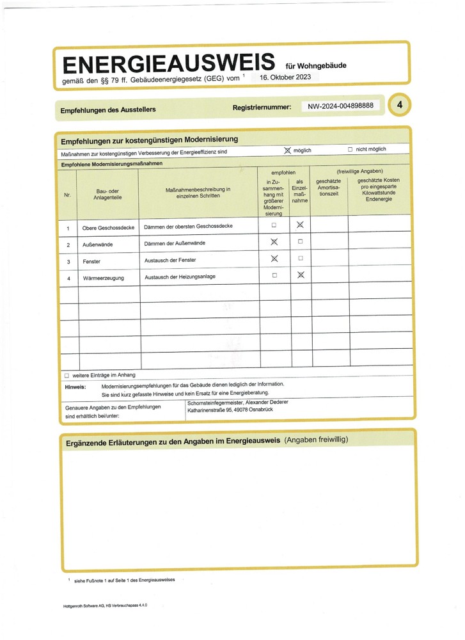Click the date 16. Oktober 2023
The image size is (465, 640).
click(x=285, y=77)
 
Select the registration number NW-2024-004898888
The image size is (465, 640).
click(x=340, y=106)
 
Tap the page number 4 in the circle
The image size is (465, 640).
click(x=399, y=105)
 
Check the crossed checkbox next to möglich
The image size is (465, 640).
click(x=287, y=150)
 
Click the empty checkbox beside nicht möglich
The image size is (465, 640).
click(x=350, y=150)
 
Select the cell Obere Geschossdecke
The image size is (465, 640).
click(x=108, y=228)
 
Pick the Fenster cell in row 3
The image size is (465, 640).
click(x=91, y=262)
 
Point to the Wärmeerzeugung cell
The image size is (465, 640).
click(x=103, y=278)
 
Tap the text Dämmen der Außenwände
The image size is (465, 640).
click(x=175, y=243)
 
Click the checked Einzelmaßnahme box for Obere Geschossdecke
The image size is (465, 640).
click(x=300, y=225)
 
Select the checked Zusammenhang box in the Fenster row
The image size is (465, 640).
click(x=274, y=259)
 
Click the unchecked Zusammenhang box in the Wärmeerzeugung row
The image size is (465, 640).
click(x=274, y=276)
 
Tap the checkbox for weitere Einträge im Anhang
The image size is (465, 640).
click(x=67, y=376)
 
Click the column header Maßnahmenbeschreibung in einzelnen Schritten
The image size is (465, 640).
click(x=198, y=193)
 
